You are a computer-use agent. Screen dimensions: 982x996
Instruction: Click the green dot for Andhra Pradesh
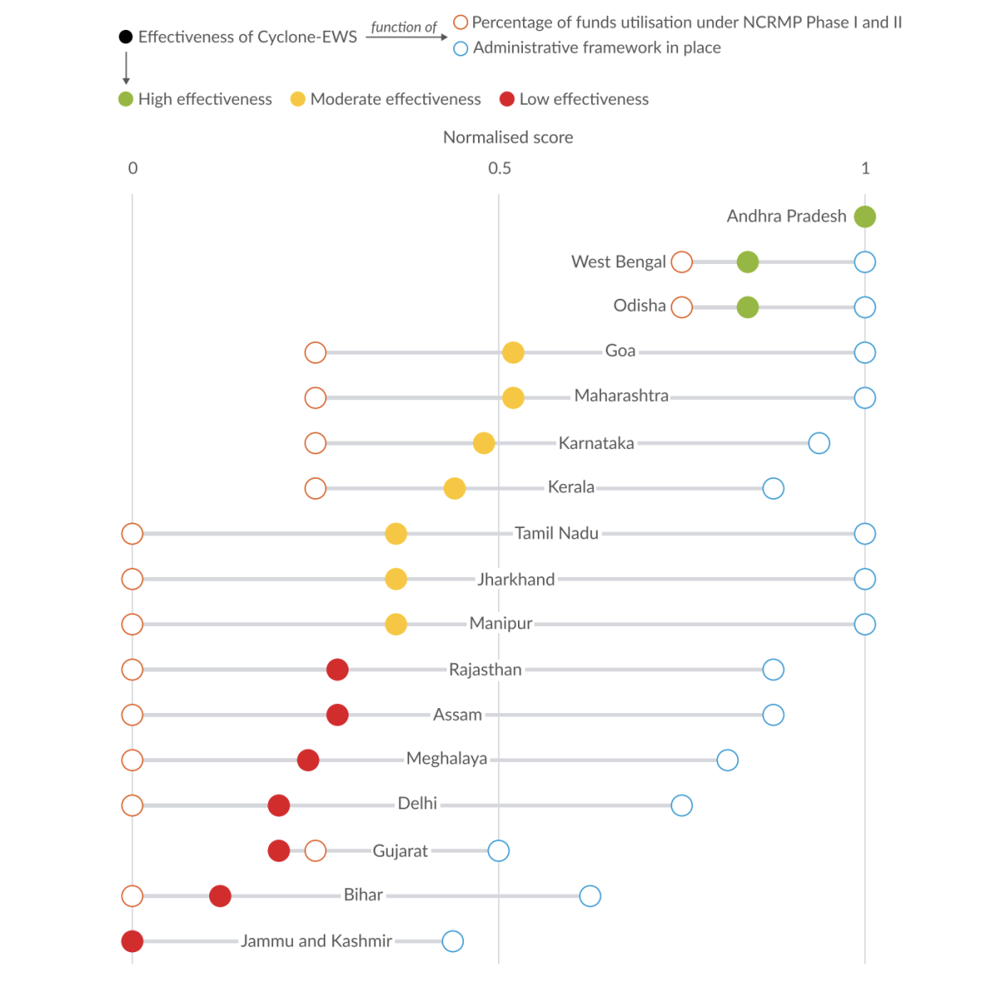point(865,217)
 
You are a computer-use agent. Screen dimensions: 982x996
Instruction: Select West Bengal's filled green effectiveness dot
point(748,262)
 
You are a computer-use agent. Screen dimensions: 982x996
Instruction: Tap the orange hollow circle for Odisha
point(681,307)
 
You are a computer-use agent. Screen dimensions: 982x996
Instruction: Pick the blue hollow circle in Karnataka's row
point(819,443)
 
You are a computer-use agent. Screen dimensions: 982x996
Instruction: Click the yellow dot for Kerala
point(455,488)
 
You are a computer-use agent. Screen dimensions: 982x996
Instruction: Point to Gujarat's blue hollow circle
point(499,851)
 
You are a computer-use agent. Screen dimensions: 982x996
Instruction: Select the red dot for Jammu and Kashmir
point(132,941)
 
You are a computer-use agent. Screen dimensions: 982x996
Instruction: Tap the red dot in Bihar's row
point(220,897)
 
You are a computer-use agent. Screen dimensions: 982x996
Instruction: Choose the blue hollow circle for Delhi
point(681,805)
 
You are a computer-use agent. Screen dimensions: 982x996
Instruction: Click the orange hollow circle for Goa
point(315,353)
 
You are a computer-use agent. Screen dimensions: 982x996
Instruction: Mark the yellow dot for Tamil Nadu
point(396,534)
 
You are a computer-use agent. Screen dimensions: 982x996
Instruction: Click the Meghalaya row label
point(447,759)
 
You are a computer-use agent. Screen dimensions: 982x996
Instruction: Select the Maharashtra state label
point(621,396)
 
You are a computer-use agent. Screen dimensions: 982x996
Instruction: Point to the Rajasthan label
point(486,670)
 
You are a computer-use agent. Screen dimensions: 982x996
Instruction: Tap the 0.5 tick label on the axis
point(500,169)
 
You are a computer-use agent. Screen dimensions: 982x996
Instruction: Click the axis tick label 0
point(133,169)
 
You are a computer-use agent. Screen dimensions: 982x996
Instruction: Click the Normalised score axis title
point(508,138)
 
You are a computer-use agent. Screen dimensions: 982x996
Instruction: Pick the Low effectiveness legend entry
point(574,100)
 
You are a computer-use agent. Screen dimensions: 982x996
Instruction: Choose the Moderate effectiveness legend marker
point(298,100)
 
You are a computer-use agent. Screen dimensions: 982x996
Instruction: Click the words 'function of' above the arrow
point(403,27)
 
